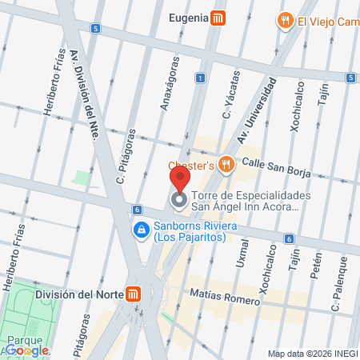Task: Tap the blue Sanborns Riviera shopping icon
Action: (141, 230)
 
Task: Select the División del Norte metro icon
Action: (137, 294)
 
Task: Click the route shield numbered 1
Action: (200, 78)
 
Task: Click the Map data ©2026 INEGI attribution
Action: (312, 354)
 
